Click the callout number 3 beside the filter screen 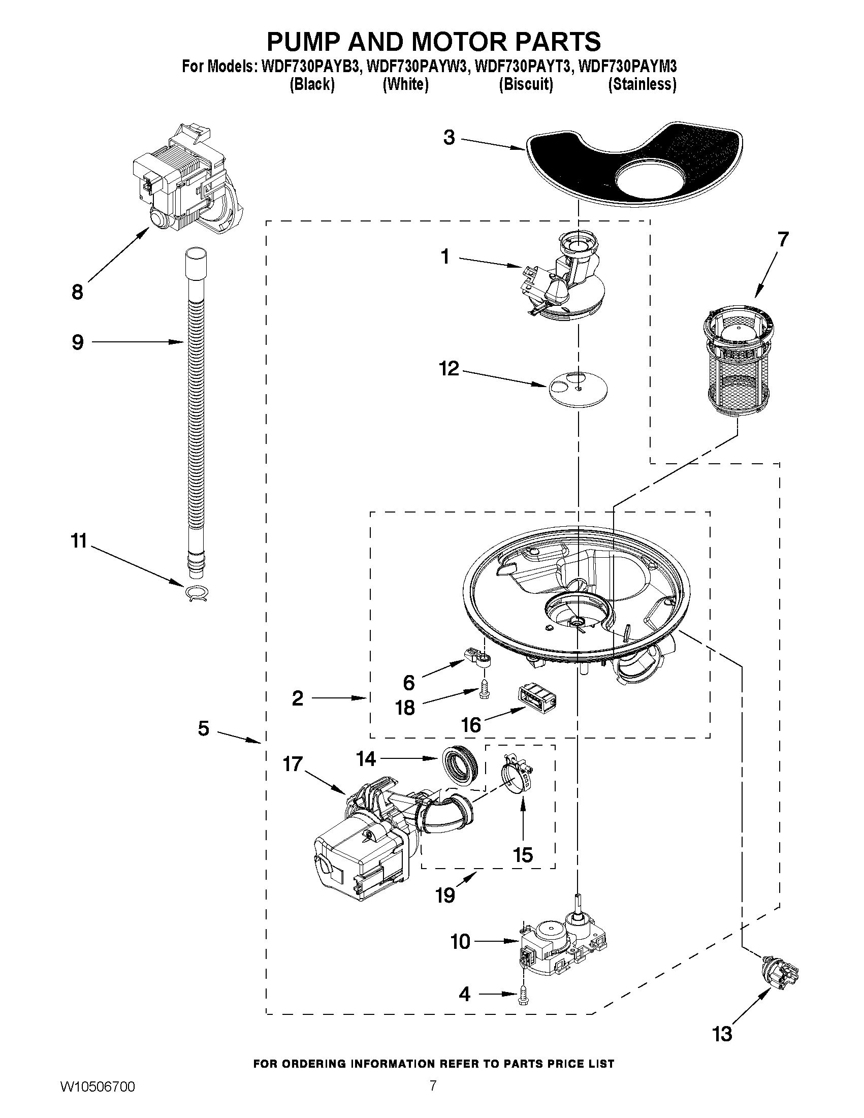click(449, 138)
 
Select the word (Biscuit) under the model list click(526, 84)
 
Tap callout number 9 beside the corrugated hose click(78, 342)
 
